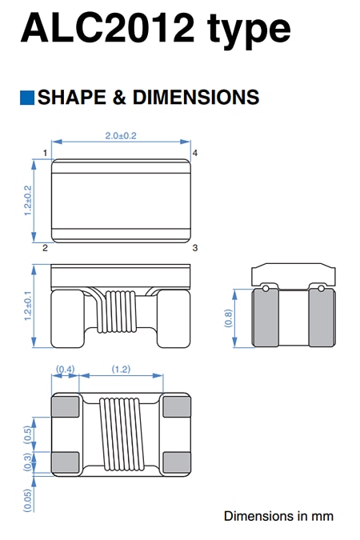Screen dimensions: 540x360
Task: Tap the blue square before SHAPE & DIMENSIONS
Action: pos(26,98)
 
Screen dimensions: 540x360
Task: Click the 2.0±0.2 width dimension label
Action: pos(121,136)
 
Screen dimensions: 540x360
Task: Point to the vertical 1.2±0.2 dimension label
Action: pos(27,201)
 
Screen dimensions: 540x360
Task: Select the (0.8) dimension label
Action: pos(227,318)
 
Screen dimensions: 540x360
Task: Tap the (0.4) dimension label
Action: pos(65,370)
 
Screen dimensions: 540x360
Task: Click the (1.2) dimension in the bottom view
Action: pos(121,370)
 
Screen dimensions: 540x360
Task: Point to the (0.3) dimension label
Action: pos(27,462)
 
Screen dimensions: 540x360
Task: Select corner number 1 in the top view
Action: pos(45,152)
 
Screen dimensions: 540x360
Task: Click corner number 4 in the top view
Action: pos(194,152)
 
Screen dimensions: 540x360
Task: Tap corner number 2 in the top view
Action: pos(45,249)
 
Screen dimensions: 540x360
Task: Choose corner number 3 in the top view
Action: pos(194,249)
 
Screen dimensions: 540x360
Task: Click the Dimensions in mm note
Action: pos(278,516)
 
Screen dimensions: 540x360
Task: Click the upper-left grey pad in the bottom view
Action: pos(65,406)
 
